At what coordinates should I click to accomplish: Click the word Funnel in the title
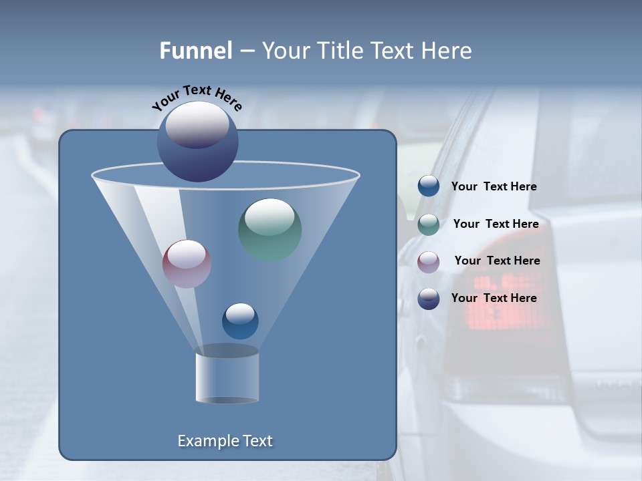195,51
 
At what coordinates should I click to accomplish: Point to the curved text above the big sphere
197,98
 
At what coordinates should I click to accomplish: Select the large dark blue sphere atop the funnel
198,141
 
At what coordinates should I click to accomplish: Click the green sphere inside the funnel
270,229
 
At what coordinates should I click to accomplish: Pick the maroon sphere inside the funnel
187,264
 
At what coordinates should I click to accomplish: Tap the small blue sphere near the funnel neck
240,321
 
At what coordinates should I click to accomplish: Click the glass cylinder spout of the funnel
227,375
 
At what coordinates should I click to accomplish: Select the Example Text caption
225,441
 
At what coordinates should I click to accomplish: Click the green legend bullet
429,224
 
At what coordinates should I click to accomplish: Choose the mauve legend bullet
429,262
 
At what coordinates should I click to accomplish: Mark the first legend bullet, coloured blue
429,186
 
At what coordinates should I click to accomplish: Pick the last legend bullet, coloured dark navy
429,299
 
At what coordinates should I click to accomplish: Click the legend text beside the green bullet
496,224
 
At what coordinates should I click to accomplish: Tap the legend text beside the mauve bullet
497,261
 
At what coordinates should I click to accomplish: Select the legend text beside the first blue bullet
494,186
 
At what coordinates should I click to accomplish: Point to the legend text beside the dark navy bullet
494,298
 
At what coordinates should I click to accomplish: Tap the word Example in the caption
208,441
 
